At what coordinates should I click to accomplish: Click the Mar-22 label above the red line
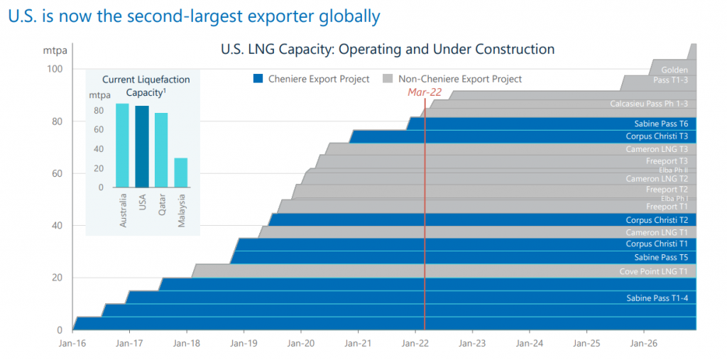(425, 92)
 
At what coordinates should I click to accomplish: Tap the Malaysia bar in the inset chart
(181, 173)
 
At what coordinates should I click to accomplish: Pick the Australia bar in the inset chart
(123, 146)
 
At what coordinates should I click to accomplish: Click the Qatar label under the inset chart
(162, 204)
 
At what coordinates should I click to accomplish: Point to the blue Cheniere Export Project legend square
(258, 79)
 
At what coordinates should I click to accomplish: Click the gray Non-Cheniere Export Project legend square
(388, 79)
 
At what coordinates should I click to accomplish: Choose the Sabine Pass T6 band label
(660, 124)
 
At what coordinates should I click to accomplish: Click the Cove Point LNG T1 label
(653, 272)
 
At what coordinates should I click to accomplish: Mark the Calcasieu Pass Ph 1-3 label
(648, 104)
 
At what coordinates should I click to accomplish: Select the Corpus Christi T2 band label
(656, 220)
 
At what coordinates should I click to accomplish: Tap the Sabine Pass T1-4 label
(657, 298)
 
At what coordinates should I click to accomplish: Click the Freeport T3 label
(666, 161)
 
